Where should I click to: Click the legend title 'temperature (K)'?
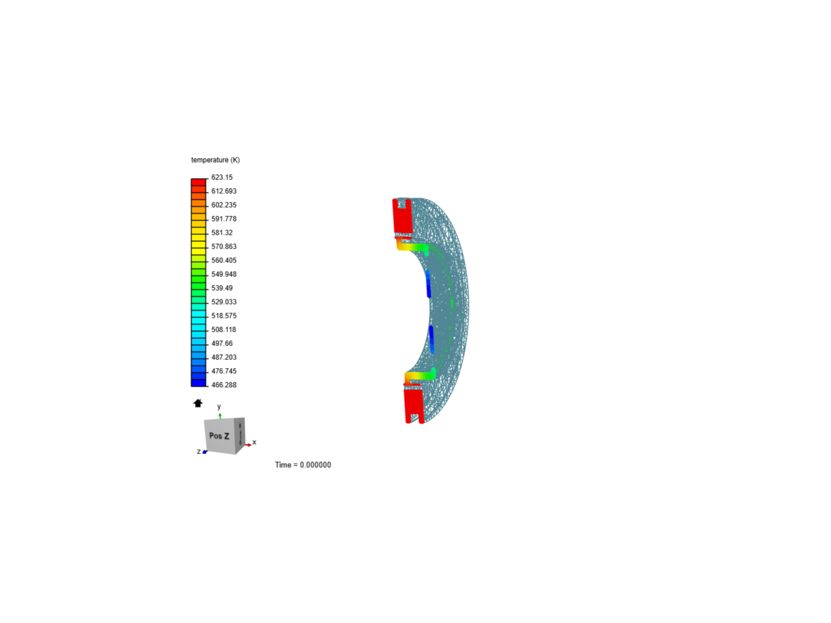(x=215, y=160)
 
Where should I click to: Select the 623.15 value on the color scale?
(x=222, y=177)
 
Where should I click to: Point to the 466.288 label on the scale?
(x=223, y=385)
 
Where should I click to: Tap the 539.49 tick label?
(x=222, y=288)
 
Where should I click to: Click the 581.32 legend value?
(x=222, y=232)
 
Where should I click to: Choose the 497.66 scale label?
(x=222, y=343)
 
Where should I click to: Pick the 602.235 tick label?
(x=223, y=205)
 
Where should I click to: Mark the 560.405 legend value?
(x=223, y=260)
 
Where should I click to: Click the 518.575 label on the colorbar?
(x=223, y=316)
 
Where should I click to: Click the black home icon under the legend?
(x=198, y=403)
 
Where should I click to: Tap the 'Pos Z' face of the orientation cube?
(x=219, y=436)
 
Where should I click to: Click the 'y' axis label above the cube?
(x=219, y=407)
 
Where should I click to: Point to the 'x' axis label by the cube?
(x=254, y=442)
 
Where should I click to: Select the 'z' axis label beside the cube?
(x=199, y=452)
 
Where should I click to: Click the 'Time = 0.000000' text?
(x=303, y=465)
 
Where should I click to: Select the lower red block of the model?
(x=413, y=405)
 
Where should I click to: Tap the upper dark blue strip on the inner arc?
(x=428, y=284)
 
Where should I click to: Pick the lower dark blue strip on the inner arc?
(x=431, y=339)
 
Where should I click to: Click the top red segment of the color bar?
(x=199, y=182)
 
